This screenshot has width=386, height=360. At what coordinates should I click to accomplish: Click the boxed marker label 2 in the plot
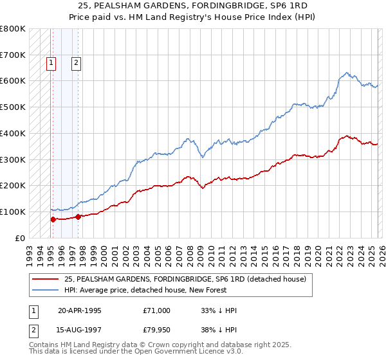click(76, 62)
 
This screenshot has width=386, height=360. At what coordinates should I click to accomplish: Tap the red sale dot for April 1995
click(53, 219)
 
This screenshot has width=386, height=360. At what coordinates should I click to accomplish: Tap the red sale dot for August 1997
click(78, 217)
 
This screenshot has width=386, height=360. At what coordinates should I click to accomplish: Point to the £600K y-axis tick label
click(13, 81)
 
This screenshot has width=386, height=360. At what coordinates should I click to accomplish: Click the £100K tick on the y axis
click(13, 212)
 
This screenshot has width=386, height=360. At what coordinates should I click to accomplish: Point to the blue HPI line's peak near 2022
click(347, 73)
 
